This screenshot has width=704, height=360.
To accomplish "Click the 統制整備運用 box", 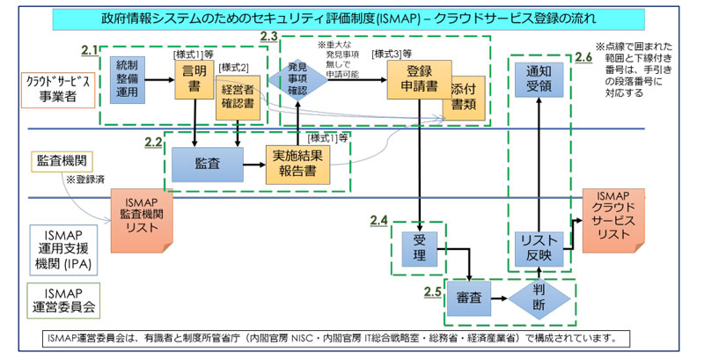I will tap(128, 80).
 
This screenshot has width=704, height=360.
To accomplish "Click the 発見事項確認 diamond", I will tap(297, 78).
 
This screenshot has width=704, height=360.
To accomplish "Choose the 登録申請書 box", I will tap(418, 80).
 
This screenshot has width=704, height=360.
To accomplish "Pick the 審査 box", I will tap(467, 298).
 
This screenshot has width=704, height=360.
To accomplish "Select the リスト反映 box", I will tap(538, 246).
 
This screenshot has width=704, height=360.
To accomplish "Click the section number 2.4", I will tap(379, 219).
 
